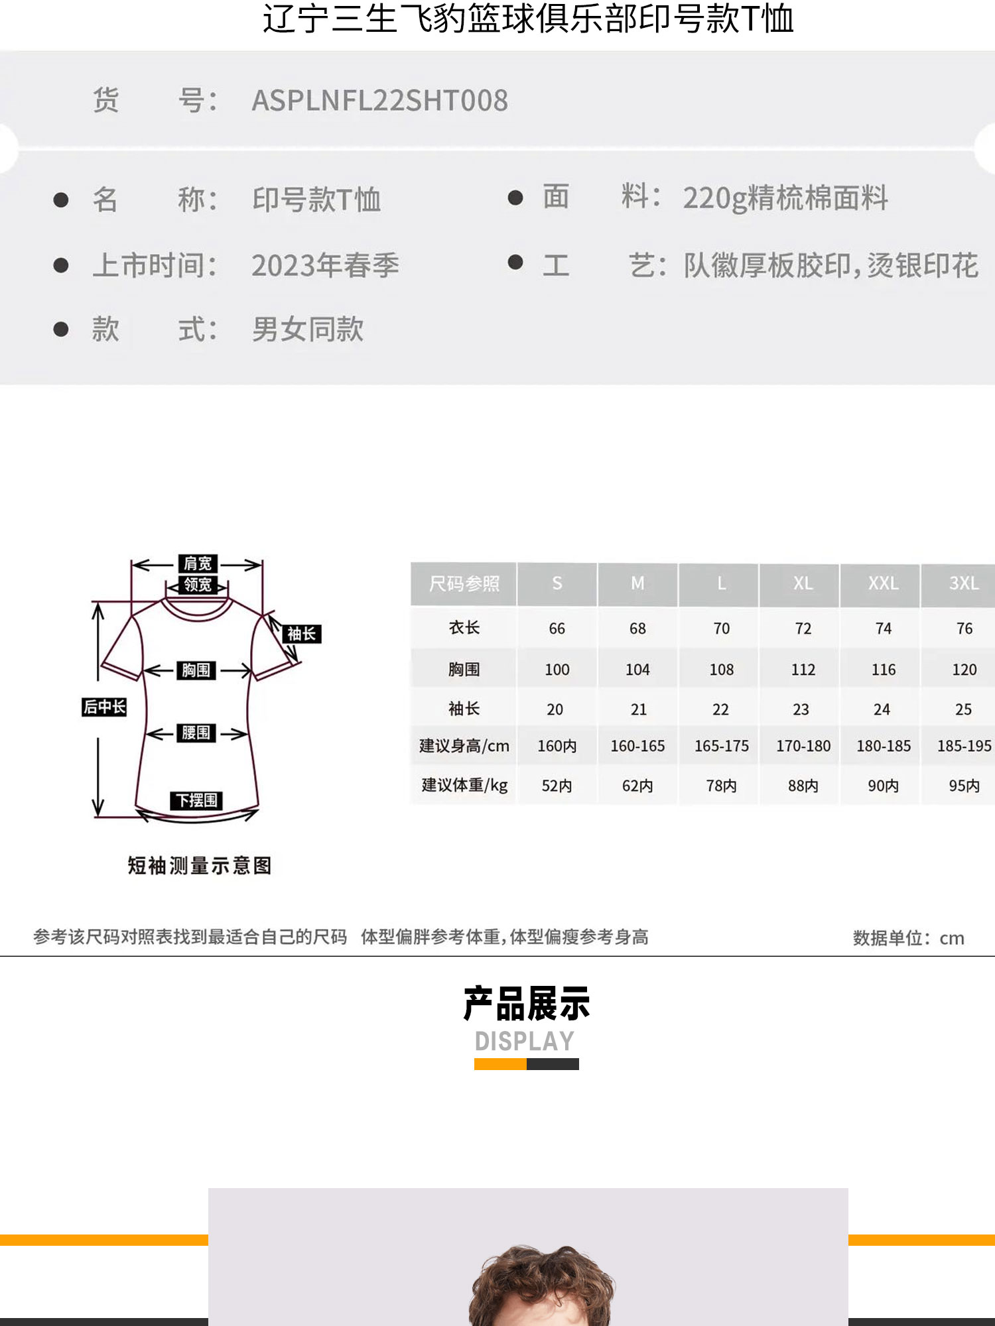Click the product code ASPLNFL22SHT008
pyautogui.click(x=379, y=101)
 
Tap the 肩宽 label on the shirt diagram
pyautogui.click(x=198, y=564)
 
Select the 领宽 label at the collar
pyautogui.click(x=198, y=585)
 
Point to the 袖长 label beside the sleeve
pyautogui.click(x=302, y=634)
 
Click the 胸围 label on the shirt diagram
pyautogui.click(x=196, y=670)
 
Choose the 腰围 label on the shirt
pyautogui.click(x=196, y=733)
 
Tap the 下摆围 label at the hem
pyautogui.click(x=196, y=800)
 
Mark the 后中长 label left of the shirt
pyautogui.click(x=104, y=707)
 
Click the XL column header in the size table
pyautogui.click(x=803, y=583)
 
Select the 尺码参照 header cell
pyautogui.click(x=464, y=584)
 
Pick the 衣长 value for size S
pyautogui.click(x=557, y=629)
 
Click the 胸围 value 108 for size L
pyautogui.click(x=722, y=670)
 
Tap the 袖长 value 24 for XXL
pyautogui.click(x=882, y=709)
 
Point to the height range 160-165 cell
pyautogui.click(x=637, y=746)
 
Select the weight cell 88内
pyautogui.click(x=803, y=786)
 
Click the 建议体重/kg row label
pyautogui.click(x=464, y=786)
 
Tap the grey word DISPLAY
pyautogui.click(x=525, y=1042)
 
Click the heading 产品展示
pyautogui.click(x=527, y=1004)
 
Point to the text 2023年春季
pyautogui.click(x=325, y=266)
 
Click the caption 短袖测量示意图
pyautogui.click(x=200, y=865)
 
